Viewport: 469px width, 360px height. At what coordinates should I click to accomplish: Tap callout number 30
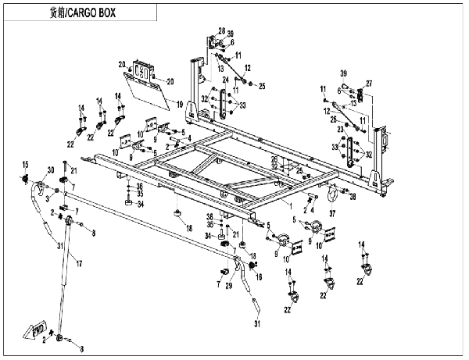coord(51,171)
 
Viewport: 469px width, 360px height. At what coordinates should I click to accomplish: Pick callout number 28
coord(221,29)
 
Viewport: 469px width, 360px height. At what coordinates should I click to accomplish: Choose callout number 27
coord(369,84)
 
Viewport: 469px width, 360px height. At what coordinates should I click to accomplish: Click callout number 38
coord(353,197)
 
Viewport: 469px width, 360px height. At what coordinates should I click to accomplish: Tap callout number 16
coord(259,277)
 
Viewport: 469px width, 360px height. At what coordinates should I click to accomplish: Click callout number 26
coord(274,159)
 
